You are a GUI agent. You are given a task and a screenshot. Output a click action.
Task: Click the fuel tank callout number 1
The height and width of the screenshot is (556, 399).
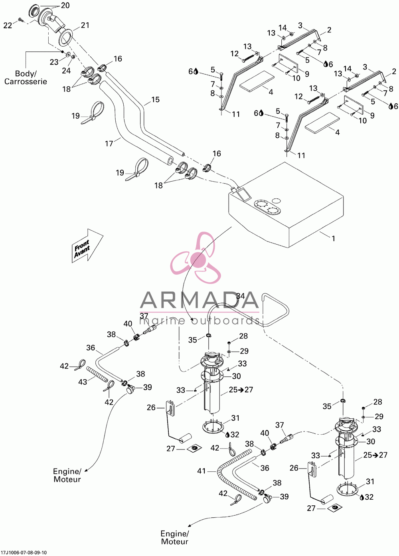pos(334,239)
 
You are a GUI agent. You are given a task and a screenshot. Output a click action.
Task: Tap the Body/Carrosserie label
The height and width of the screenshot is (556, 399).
pos(26,77)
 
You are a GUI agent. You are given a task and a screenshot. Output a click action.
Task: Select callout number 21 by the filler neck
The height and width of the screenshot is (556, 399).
pos(85,25)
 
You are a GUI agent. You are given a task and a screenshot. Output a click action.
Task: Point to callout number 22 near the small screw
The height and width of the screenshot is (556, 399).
pos(8,26)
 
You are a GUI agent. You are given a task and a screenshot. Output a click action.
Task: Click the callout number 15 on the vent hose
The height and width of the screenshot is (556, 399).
pos(155,100)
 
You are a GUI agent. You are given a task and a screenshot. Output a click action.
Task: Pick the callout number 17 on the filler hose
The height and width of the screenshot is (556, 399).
pos(109,143)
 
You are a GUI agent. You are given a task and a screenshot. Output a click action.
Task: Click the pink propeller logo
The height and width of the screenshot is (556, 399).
pos(196,258)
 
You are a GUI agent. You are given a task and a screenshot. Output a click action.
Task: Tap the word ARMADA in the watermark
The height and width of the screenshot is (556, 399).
pos(199,300)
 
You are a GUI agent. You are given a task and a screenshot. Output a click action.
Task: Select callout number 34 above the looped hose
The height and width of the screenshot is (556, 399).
pos(240,296)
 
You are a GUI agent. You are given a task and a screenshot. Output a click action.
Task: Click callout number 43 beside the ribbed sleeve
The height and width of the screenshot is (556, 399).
pos(83,382)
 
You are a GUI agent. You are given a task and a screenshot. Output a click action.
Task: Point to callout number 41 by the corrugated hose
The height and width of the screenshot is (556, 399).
pos(201,471)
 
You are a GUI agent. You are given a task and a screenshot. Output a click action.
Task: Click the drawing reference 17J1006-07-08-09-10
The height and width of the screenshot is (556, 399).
pos(24,552)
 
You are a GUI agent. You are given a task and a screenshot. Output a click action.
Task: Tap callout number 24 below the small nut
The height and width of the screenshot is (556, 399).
pos(66,71)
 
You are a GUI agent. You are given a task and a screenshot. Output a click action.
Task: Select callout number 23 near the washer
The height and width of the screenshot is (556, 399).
pos(54,62)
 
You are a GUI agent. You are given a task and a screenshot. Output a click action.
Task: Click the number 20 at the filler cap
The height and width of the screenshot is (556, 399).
pos(65,6)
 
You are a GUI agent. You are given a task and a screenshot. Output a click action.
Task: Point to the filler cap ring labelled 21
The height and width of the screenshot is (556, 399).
pos(66,37)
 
